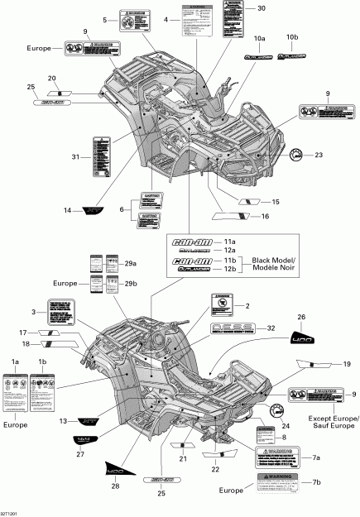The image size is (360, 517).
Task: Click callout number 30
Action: click(x=262, y=8)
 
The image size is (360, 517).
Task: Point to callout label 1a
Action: click(x=14, y=362)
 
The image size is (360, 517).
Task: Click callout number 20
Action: click(x=52, y=78)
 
